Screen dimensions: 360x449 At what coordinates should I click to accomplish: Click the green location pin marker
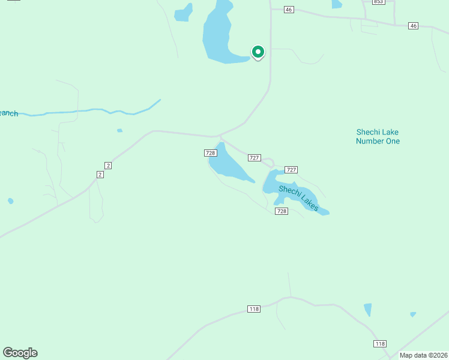258,53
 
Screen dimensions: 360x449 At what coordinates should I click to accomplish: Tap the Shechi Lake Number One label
378,137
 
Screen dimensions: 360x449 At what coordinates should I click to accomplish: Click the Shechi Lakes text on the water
298,197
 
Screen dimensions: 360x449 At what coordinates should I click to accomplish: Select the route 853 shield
378,2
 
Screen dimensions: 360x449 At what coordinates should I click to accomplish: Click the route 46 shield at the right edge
413,26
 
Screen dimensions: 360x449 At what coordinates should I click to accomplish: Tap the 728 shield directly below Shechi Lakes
282,211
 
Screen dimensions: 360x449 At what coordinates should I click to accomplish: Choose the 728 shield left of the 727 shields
210,153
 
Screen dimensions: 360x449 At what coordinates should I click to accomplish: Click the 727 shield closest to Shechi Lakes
291,170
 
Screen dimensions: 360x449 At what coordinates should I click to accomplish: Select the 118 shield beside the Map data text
379,343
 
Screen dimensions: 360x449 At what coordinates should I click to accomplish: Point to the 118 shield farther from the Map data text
253,309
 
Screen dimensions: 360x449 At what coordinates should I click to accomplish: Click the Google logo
20,353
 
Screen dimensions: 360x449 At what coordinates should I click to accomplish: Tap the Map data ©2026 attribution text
424,355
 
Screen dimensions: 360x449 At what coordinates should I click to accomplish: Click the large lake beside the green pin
219,36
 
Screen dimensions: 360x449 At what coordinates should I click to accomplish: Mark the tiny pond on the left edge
11,201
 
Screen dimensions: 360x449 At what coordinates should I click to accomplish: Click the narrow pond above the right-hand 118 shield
367,310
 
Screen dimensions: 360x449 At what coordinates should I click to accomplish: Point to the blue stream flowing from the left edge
90,111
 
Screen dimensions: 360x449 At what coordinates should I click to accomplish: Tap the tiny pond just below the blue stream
119,130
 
